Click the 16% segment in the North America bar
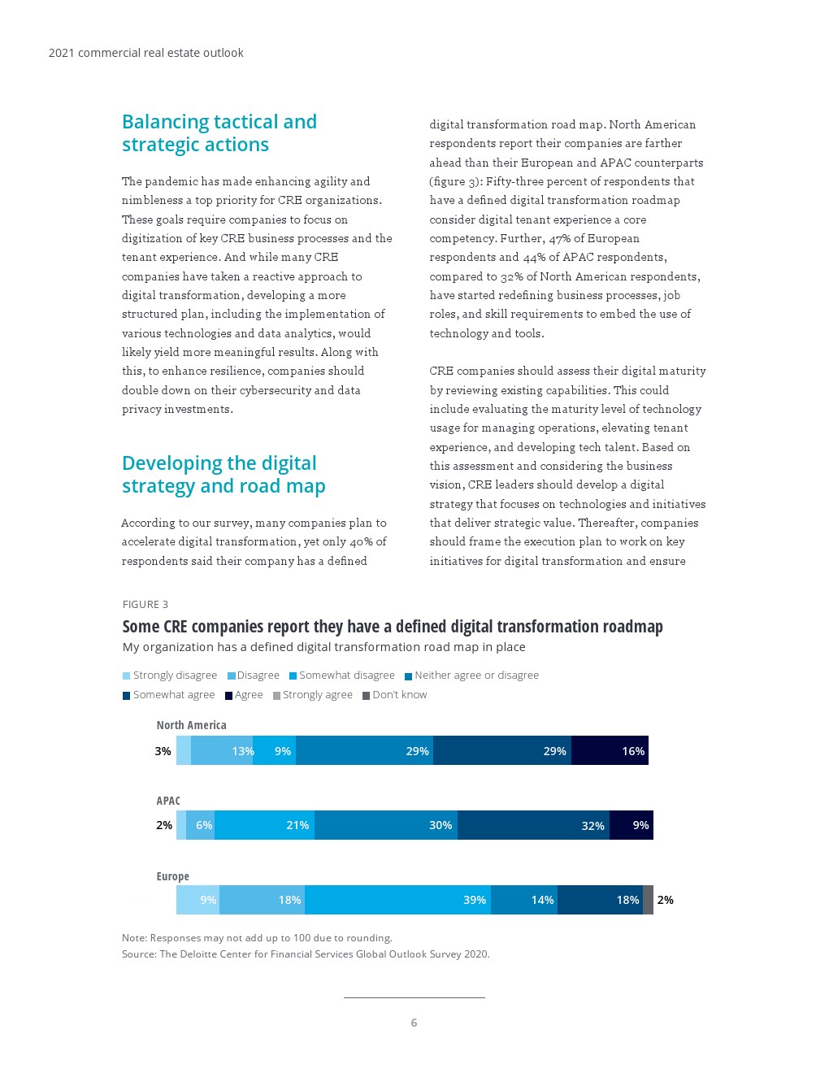610,750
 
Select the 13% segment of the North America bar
222,750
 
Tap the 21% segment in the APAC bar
264,825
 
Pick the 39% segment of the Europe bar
397,900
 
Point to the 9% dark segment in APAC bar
632,825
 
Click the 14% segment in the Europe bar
524,900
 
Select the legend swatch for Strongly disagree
127,676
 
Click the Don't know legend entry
394,695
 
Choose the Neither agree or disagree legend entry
471,676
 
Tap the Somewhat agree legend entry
169,695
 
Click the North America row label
191,725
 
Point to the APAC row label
168,801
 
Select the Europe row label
172,876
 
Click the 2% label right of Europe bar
665,900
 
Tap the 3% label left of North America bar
163,751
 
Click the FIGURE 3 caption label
145,604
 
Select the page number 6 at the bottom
414,1023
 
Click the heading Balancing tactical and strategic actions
219,133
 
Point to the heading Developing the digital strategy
224,475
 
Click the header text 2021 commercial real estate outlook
146,53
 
